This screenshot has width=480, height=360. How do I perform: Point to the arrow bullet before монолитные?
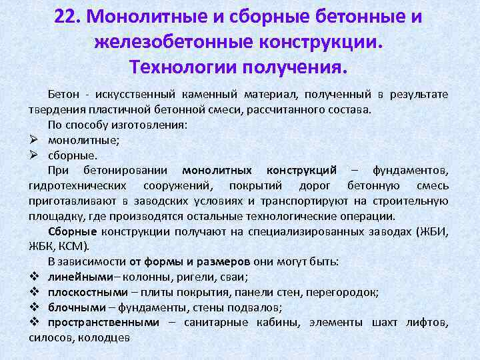coord(33,140)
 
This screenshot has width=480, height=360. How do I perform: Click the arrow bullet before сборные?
coord(33,155)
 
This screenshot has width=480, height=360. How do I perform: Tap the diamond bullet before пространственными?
coord(34,322)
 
